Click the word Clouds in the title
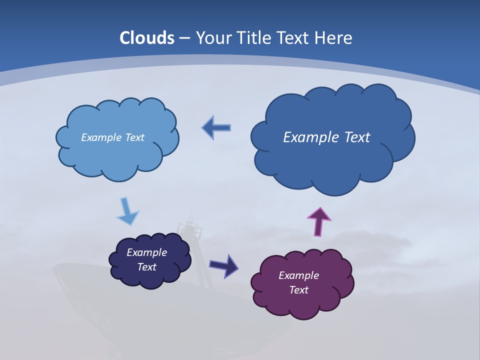pyautogui.click(x=147, y=38)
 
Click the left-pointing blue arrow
pyautogui.click(x=216, y=128)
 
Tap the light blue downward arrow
pyautogui.click(x=127, y=210)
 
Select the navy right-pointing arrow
pyautogui.click(x=223, y=265)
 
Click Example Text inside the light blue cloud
pyautogui.click(x=112, y=137)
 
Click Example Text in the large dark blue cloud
pyautogui.click(x=326, y=137)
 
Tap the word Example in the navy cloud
pyautogui.click(x=146, y=252)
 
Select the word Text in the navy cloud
pyautogui.click(x=146, y=267)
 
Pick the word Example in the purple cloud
pyautogui.click(x=298, y=275)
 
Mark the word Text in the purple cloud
pyautogui.click(x=298, y=290)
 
